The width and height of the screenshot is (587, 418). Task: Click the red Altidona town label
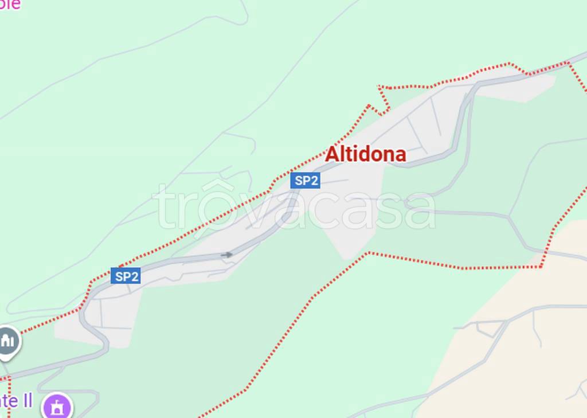pyautogui.click(x=366, y=154)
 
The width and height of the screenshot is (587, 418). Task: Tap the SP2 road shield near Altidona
pyautogui.click(x=304, y=181)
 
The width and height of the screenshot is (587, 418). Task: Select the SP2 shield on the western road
pyautogui.click(x=126, y=276)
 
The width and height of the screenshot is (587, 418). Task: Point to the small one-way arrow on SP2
pyautogui.click(x=227, y=255)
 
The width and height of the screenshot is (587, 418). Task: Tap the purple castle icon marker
pyautogui.click(x=58, y=407)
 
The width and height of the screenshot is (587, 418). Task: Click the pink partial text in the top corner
pyautogui.click(x=10, y=5)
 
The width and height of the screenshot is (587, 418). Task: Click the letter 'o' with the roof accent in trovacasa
pyautogui.click(x=213, y=206)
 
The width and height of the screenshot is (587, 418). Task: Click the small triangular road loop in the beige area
pyautogui.click(x=487, y=329)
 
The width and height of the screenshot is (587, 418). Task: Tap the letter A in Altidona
pyautogui.click(x=332, y=154)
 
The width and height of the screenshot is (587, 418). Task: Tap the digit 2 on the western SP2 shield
pyautogui.click(x=135, y=276)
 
